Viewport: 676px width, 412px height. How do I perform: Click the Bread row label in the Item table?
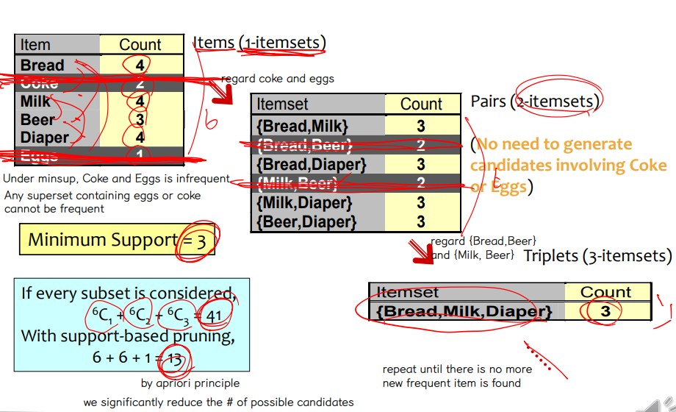coord(43,65)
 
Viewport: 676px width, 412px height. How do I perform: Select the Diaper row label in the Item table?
coord(45,137)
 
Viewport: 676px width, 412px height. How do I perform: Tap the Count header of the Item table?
coord(140,45)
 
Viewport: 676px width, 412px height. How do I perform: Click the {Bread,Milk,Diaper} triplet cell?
coord(464,311)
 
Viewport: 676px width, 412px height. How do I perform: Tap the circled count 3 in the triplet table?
coord(605,311)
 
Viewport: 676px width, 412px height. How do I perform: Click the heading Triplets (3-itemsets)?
coord(597,256)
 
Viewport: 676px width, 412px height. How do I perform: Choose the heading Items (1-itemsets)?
coord(259,43)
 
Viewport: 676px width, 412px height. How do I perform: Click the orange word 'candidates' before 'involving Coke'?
coord(506,166)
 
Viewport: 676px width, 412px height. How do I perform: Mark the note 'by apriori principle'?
coord(190,383)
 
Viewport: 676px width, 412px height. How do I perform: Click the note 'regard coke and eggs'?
coord(277,79)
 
